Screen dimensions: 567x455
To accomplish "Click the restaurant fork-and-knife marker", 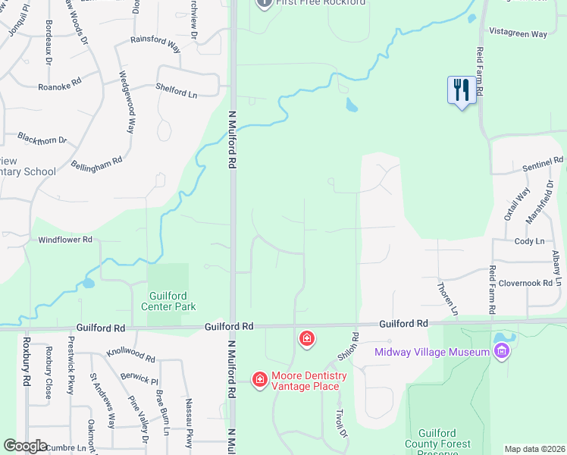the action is (x=461, y=90).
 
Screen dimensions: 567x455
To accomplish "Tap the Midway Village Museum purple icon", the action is (x=500, y=351).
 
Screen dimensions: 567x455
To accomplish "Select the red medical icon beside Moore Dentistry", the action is (x=259, y=378).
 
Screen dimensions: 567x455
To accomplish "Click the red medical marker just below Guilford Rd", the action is (x=307, y=338).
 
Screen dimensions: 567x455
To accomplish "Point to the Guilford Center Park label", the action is (x=168, y=301).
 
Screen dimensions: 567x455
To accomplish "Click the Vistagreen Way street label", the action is (x=518, y=34).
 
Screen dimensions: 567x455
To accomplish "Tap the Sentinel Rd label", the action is (x=544, y=162).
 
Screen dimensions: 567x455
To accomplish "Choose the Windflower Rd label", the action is (x=65, y=240).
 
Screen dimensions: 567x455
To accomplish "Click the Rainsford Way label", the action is (x=155, y=43).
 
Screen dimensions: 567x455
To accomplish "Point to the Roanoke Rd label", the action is (x=59, y=86).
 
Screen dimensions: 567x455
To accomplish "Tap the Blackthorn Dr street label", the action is (x=42, y=140).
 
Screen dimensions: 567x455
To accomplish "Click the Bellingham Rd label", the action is (x=96, y=165).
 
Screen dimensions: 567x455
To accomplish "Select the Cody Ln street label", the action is (x=529, y=241).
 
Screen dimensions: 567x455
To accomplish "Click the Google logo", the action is (x=26, y=446).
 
